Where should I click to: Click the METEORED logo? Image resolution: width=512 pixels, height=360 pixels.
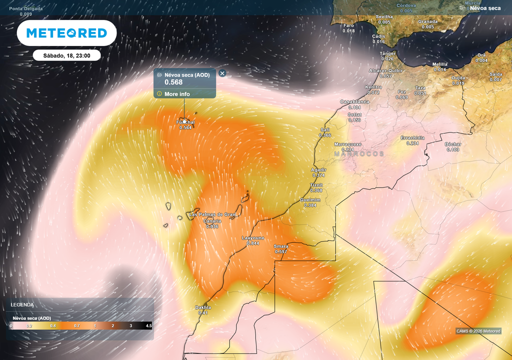pyautogui.click(x=66, y=33)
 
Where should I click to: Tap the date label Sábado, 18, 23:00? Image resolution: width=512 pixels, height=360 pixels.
pyautogui.click(x=66, y=55)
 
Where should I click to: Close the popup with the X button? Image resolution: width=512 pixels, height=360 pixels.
pyautogui.click(x=222, y=73)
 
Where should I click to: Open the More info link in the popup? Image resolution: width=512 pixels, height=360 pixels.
pyautogui.click(x=177, y=94)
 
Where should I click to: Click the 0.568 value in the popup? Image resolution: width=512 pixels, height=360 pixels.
pyautogui.click(x=173, y=82)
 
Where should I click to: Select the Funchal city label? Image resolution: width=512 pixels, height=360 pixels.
pyautogui.click(x=185, y=122)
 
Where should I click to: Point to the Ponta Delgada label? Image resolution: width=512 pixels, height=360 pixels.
pyautogui.click(x=26, y=9)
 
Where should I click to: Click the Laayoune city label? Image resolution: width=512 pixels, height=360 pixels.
pyautogui.click(x=253, y=237)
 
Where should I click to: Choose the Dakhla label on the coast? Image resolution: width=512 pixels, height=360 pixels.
pyautogui.click(x=203, y=307)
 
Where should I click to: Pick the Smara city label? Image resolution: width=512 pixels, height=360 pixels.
pyautogui.click(x=281, y=246)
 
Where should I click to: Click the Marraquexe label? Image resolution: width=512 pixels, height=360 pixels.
pyautogui.click(x=347, y=144)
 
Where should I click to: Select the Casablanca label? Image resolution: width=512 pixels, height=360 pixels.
pyautogui.click(x=354, y=101)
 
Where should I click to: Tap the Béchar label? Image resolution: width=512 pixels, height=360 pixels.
pyautogui.click(x=453, y=144)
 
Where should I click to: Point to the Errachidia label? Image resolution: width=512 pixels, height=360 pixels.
pyautogui.click(x=412, y=137)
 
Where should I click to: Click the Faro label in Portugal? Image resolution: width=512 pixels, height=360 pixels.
pyautogui.click(x=348, y=25)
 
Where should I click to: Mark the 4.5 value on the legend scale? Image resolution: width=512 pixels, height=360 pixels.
pyautogui.click(x=148, y=325)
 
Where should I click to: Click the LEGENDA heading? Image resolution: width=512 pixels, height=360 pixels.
pyautogui.click(x=22, y=304)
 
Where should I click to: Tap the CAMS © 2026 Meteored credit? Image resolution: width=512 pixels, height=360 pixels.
pyautogui.click(x=478, y=331)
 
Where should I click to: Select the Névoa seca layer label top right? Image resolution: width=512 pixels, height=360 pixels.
pyautogui.click(x=485, y=8)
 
